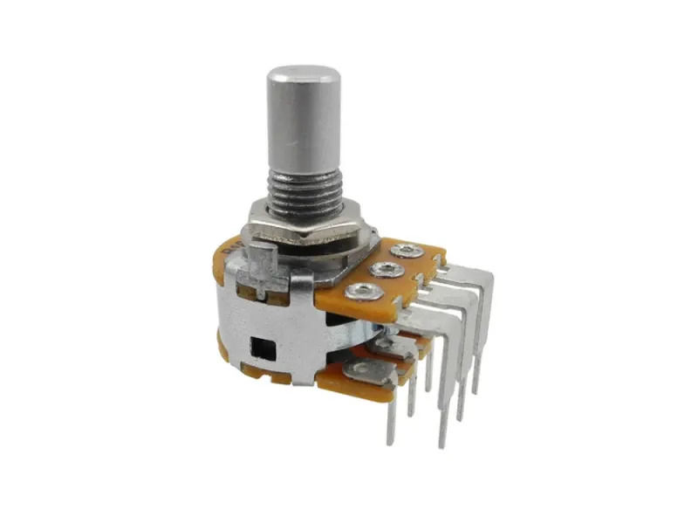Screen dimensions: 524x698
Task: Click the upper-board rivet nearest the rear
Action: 406,252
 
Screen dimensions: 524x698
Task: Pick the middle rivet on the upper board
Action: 385,270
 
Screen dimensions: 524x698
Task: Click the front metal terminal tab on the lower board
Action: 366,371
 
